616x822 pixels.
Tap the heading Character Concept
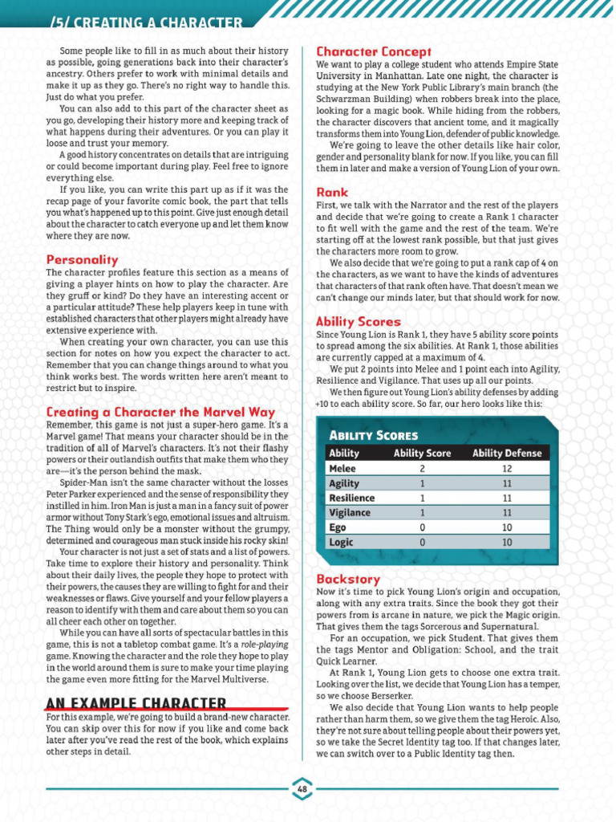(374, 51)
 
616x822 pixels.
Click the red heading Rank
(332, 193)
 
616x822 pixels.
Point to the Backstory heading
(348, 579)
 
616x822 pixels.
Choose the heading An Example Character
(136, 704)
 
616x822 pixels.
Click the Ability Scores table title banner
(374, 435)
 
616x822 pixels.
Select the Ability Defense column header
(507, 453)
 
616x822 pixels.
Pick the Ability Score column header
(422, 453)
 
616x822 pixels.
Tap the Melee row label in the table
(342, 468)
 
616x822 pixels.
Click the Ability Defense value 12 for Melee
(507, 468)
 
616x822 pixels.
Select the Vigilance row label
(350, 512)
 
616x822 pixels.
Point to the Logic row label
(341, 542)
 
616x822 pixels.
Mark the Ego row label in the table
(338, 527)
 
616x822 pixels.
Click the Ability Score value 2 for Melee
(422, 468)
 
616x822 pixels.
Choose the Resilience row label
(352, 498)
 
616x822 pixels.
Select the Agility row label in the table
(344, 483)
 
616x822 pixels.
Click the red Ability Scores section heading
(358, 321)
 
